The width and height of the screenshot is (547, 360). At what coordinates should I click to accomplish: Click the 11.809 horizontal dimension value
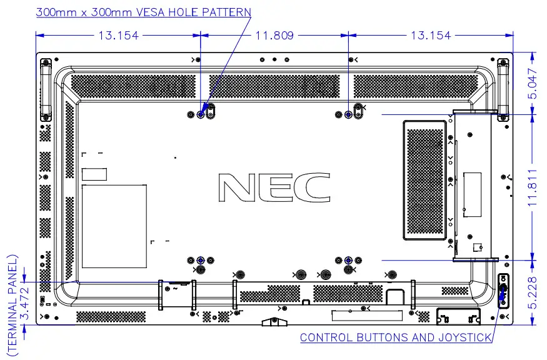274,36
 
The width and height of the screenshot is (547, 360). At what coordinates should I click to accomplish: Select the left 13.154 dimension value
118,36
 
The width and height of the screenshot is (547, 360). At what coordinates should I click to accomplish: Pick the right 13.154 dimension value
431,36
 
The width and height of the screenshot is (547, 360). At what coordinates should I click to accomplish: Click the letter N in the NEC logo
237,187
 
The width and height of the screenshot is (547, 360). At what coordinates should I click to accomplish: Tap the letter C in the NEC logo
312,187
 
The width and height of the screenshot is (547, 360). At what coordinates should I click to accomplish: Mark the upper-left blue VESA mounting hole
200,114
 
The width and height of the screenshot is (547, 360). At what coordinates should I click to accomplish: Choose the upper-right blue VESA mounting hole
348,115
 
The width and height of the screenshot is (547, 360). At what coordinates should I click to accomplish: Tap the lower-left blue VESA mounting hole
200,260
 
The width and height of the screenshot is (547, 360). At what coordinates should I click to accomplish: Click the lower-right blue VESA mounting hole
348,260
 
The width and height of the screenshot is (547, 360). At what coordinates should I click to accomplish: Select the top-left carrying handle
45,89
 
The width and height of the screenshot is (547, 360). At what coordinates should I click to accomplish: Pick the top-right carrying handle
503,89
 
